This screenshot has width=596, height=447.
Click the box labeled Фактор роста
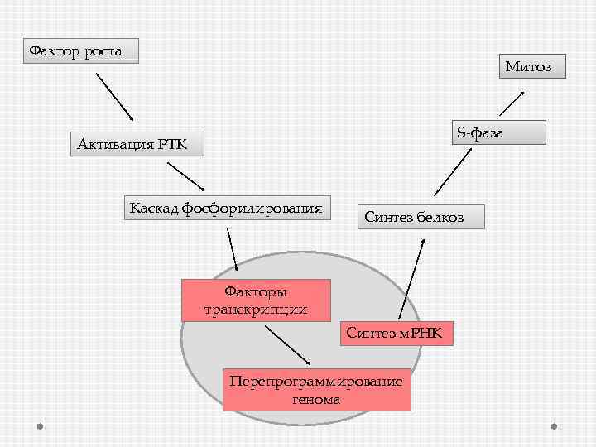pyautogui.click(x=80, y=51)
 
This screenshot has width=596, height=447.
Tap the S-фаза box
pyautogui.click(x=498, y=132)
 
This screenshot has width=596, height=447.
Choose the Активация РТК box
pyautogui.click(x=131, y=146)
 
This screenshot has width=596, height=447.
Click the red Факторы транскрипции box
pyautogui.click(x=256, y=300)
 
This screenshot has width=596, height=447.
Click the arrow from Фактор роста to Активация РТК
pyautogui.click(x=115, y=96)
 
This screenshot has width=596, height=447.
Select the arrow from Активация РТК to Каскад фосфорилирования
pyautogui.click(x=185, y=175)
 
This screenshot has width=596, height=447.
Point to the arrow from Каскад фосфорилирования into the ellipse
pyautogui.click(x=232, y=247)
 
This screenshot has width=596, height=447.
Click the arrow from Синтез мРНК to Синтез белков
pyautogui.click(x=411, y=279)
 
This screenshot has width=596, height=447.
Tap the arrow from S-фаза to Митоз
pyautogui.click(x=511, y=103)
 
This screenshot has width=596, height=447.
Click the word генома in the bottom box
pyautogui.click(x=316, y=399)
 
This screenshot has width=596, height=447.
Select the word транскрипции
pyautogui.click(x=256, y=310)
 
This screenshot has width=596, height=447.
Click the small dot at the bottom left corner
pyautogui.click(x=40, y=426)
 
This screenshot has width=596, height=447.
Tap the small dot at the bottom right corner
pyautogui.click(x=554, y=426)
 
